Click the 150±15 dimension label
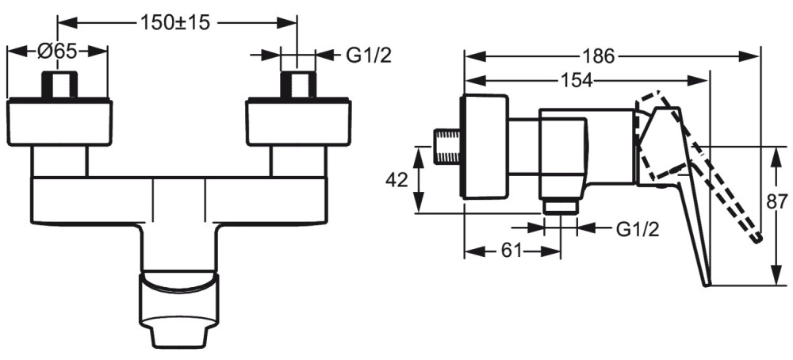(x=174, y=23)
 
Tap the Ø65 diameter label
(x=56, y=52)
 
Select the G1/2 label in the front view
(x=369, y=56)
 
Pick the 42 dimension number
(x=396, y=179)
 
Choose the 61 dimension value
(x=511, y=251)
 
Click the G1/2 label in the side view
(x=638, y=229)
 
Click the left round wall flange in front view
(x=59, y=122)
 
